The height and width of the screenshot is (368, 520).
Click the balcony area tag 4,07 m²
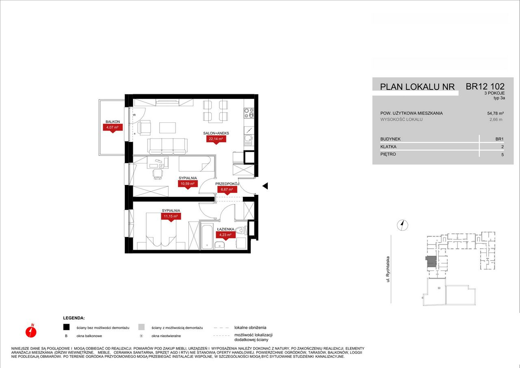click(113, 127)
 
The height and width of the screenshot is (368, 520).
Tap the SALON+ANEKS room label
click(216, 133)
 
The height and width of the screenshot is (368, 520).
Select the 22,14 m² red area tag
click(216, 139)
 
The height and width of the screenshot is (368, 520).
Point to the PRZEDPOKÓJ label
click(227, 184)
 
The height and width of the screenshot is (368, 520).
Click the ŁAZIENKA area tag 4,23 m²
click(225, 235)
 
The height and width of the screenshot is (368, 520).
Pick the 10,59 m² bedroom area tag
click(188, 184)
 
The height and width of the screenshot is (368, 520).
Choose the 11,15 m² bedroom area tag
click(171, 216)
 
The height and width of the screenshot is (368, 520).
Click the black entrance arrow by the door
click(265, 186)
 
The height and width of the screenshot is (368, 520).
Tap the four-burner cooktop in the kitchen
click(249, 113)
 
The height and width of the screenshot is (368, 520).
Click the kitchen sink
click(249, 140)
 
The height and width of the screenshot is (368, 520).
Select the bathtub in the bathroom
click(207, 236)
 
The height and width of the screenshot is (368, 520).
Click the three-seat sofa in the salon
click(167, 146)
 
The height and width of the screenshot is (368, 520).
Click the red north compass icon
click(31, 331)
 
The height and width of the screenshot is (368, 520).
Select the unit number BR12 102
click(485, 87)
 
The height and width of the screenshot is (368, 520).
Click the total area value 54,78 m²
click(495, 113)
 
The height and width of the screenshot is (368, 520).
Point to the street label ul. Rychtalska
click(388, 269)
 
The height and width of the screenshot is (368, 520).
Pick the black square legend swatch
click(66, 327)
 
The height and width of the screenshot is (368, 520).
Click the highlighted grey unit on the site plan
click(431, 261)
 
